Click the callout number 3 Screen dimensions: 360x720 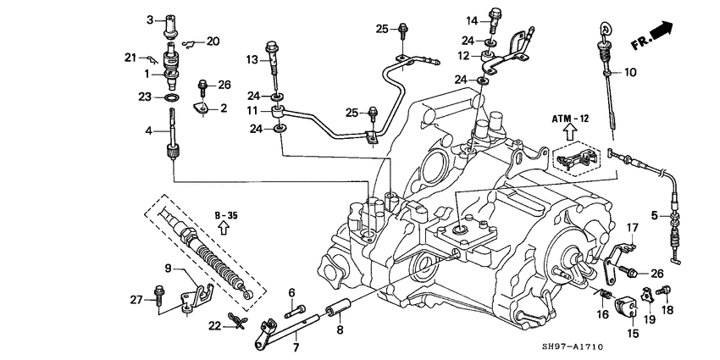click(149, 19)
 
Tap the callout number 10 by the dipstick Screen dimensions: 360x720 click(629, 73)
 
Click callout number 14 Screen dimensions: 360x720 click(471, 19)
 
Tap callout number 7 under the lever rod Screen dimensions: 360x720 click(296, 348)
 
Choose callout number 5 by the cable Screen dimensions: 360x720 click(654, 215)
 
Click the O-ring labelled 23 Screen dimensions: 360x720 click(169, 98)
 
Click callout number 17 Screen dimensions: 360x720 click(631, 227)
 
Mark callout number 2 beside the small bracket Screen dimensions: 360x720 click(224, 108)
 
